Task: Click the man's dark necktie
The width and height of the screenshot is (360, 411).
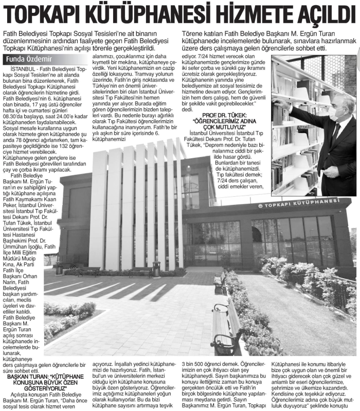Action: (336, 135)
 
